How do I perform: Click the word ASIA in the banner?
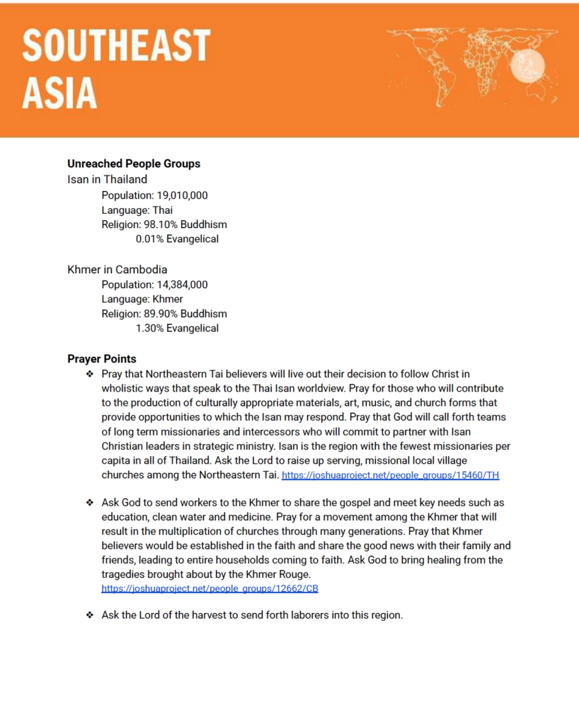point(59,93)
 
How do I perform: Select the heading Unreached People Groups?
point(134,164)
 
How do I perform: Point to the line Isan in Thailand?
point(108,179)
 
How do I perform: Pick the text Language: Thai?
point(137,210)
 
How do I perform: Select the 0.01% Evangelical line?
point(177,239)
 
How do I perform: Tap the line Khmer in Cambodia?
point(117,270)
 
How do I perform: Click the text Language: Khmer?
point(142,299)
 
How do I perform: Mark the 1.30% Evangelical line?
point(177,329)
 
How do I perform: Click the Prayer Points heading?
point(102,359)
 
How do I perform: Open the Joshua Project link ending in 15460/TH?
point(390,476)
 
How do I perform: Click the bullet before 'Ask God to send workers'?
point(90,503)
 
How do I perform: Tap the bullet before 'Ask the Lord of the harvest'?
point(90,615)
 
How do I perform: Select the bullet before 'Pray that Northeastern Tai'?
point(90,374)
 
